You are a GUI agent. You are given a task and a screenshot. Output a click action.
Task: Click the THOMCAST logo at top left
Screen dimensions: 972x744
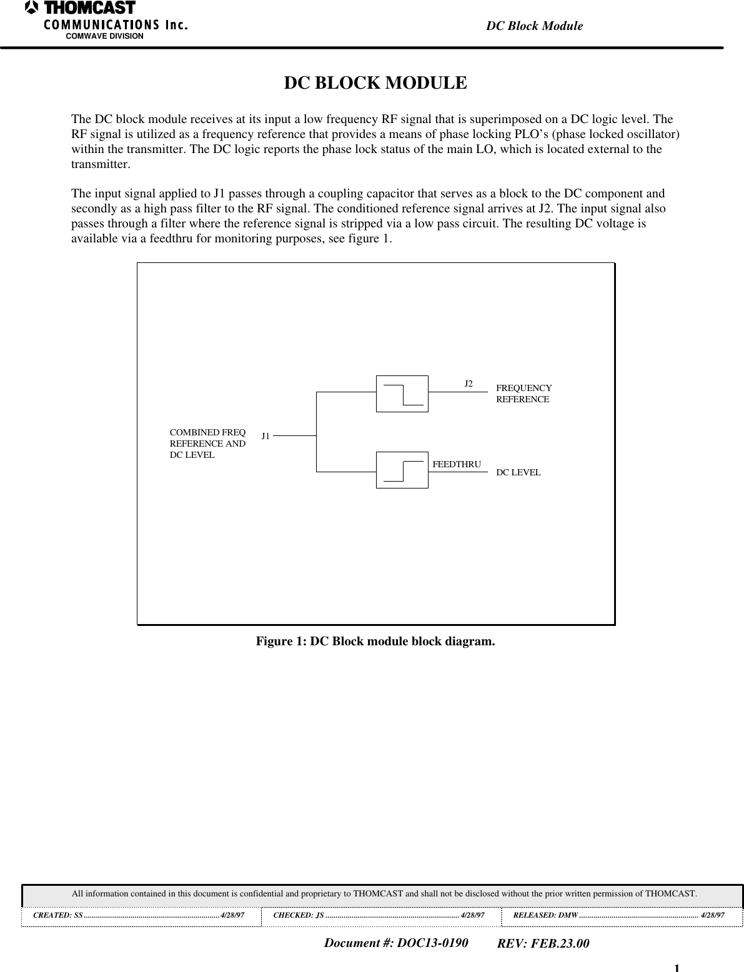[x=81, y=9]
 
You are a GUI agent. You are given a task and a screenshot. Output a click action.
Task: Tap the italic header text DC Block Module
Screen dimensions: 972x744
[x=534, y=26]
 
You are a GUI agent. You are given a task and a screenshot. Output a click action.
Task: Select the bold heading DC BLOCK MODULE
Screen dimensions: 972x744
[x=375, y=83]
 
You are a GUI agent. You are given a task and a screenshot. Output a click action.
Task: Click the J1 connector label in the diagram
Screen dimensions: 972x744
[x=265, y=436]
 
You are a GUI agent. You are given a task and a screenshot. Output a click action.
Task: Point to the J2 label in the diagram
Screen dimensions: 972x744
[x=469, y=383]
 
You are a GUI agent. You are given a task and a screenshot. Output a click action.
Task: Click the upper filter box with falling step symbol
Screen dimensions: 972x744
[x=402, y=394]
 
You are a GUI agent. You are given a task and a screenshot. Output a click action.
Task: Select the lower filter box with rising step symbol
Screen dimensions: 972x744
[x=402, y=470]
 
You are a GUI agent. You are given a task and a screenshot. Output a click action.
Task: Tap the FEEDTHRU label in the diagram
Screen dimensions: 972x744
[x=457, y=464]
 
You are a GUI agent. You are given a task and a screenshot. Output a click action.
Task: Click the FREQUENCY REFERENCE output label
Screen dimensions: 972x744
[x=523, y=394]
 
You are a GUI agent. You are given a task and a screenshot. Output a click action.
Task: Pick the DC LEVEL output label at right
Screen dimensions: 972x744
[x=518, y=472]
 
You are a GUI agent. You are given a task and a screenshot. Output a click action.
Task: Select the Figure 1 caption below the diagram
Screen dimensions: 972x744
[x=375, y=642]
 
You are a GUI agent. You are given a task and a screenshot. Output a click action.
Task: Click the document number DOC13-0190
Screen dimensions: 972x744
[x=396, y=943]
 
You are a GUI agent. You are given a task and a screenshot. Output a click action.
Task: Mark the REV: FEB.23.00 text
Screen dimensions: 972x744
[x=543, y=943]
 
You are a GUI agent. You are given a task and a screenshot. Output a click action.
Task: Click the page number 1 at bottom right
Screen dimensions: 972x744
[x=677, y=968]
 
